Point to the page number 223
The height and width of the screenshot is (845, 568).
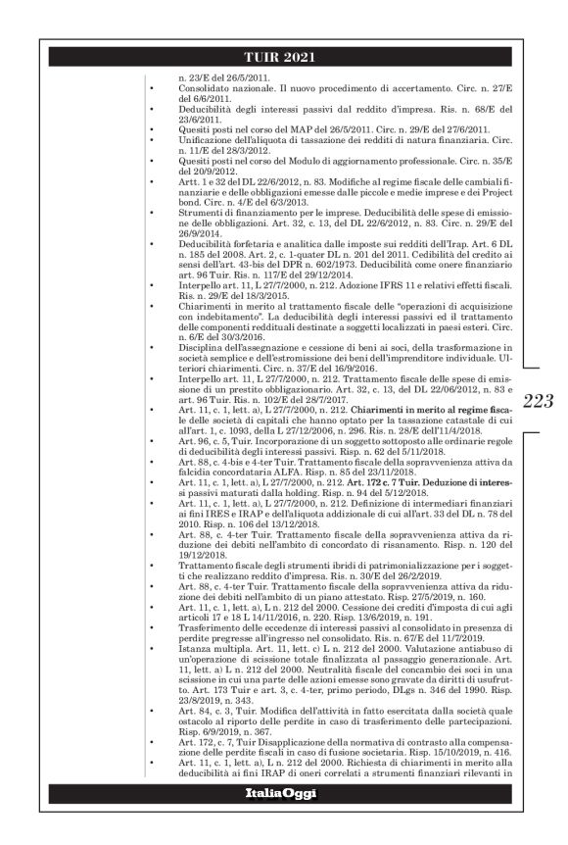tap(541, 400)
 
